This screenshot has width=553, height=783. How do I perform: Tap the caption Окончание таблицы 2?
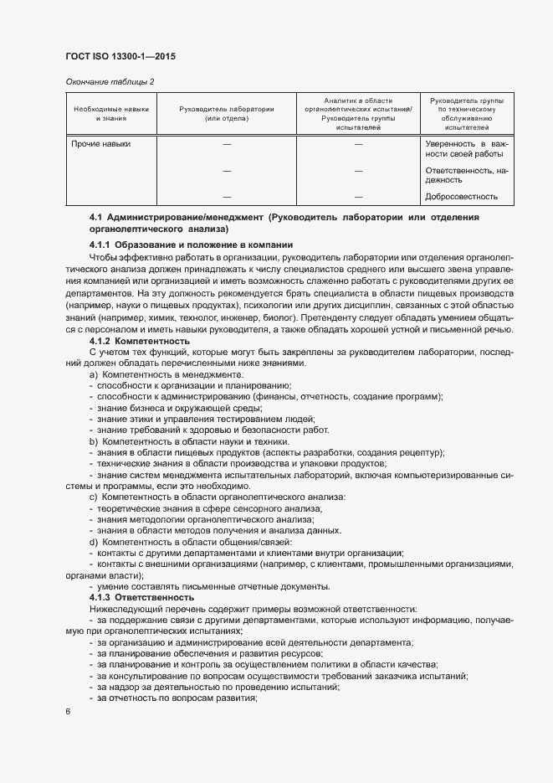pyautogui.click(x=110, y=81)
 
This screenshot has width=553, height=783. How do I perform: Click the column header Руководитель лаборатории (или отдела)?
pyautogui.click(x=227, y=114)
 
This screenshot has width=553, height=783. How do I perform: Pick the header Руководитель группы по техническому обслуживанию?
pyautogui.click(x=467, y=114)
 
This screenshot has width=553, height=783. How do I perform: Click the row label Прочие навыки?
pyautogui.click(x=101, y=144)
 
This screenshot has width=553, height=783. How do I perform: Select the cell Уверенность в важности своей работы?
pyautogui.click(x=467, y=149)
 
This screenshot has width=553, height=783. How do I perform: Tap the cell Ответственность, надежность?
pyautogui.click(x=467, y=174)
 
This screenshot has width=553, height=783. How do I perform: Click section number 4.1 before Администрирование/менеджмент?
pyautogui.click(x=95, y=218)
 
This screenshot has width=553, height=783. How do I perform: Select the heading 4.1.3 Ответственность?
pyautogui.click(x=141, y=598)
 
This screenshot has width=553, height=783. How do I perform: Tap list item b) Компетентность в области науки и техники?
pyautogui.click(x=189, y=441)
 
